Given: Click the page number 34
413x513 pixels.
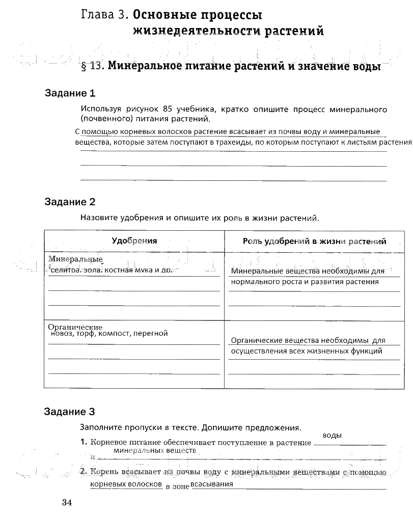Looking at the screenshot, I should pos(67,502).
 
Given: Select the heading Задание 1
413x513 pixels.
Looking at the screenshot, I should pos(70,94).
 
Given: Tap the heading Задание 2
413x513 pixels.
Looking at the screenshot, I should pos(70,202).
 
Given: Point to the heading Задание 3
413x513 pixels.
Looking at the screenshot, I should pos(70,412).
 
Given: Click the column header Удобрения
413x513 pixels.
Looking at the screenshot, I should pos(134,241).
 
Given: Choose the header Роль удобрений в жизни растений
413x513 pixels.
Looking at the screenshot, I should pos(314,241).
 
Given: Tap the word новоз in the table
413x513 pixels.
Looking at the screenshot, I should pos(62,334).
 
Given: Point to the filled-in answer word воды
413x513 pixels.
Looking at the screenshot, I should pos(332,436).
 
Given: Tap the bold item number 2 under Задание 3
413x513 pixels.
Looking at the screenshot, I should pos(84,472).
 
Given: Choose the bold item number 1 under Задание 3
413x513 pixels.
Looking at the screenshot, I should pos(84,443).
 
